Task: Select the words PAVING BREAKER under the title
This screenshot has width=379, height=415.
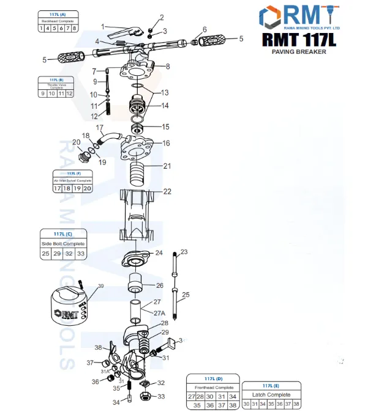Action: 299,52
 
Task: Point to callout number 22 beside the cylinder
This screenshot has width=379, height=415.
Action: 167,191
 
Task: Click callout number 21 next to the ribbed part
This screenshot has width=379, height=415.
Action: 167,166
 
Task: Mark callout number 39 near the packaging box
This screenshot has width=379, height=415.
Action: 101,286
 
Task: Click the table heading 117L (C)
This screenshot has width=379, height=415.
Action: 63,233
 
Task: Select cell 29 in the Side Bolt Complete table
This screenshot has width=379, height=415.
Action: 56,253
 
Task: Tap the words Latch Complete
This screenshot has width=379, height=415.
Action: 271,395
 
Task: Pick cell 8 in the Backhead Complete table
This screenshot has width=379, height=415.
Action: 75,28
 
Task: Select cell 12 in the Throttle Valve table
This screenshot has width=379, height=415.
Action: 70,94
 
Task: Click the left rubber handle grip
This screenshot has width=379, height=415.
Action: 72,59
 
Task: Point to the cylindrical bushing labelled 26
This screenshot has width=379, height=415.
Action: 135,285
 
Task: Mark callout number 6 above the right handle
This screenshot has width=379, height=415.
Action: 205,29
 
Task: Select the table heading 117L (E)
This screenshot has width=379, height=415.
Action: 271,386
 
